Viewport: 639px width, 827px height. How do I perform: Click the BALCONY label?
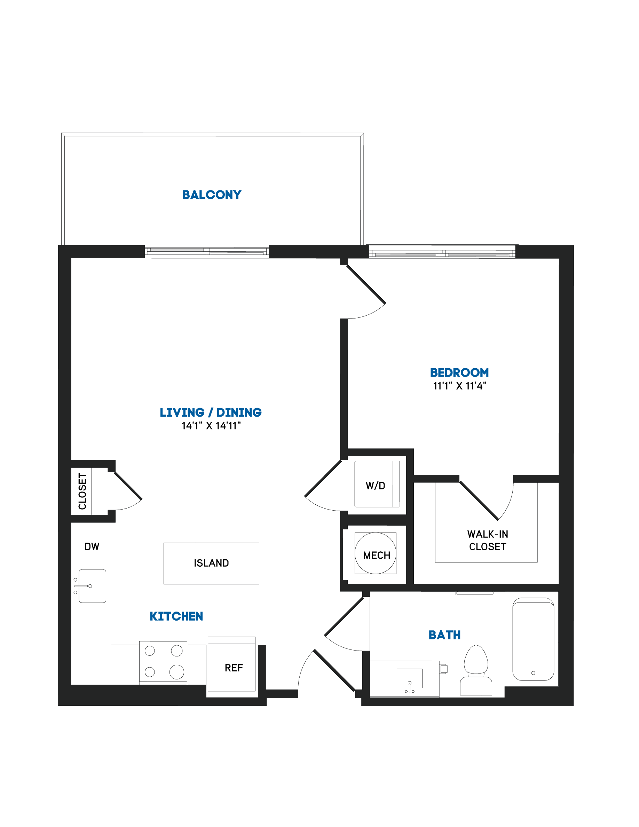pos(212,195)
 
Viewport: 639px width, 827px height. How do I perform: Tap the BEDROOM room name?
pos(459,373)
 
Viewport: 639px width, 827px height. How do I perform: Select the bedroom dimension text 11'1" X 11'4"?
pos(459,386)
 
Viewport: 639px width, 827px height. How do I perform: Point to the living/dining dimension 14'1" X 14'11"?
pos(211,426)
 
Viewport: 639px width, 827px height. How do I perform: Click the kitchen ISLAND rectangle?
pos(211,564)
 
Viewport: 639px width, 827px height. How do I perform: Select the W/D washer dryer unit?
pos(377,484)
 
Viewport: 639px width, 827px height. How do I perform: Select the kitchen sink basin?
pos(92,586)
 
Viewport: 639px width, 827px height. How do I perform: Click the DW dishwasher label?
pos(92,546)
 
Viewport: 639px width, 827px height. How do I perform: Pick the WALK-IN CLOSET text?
pos(488,540)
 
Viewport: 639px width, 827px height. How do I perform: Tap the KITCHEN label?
pos(176,616)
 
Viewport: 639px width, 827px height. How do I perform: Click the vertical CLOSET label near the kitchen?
pos(82,491)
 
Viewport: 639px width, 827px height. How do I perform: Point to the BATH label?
pos(444,635)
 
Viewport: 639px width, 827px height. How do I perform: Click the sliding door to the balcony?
pos(207,251)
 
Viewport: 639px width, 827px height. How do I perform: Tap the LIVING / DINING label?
pos(211,412)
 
